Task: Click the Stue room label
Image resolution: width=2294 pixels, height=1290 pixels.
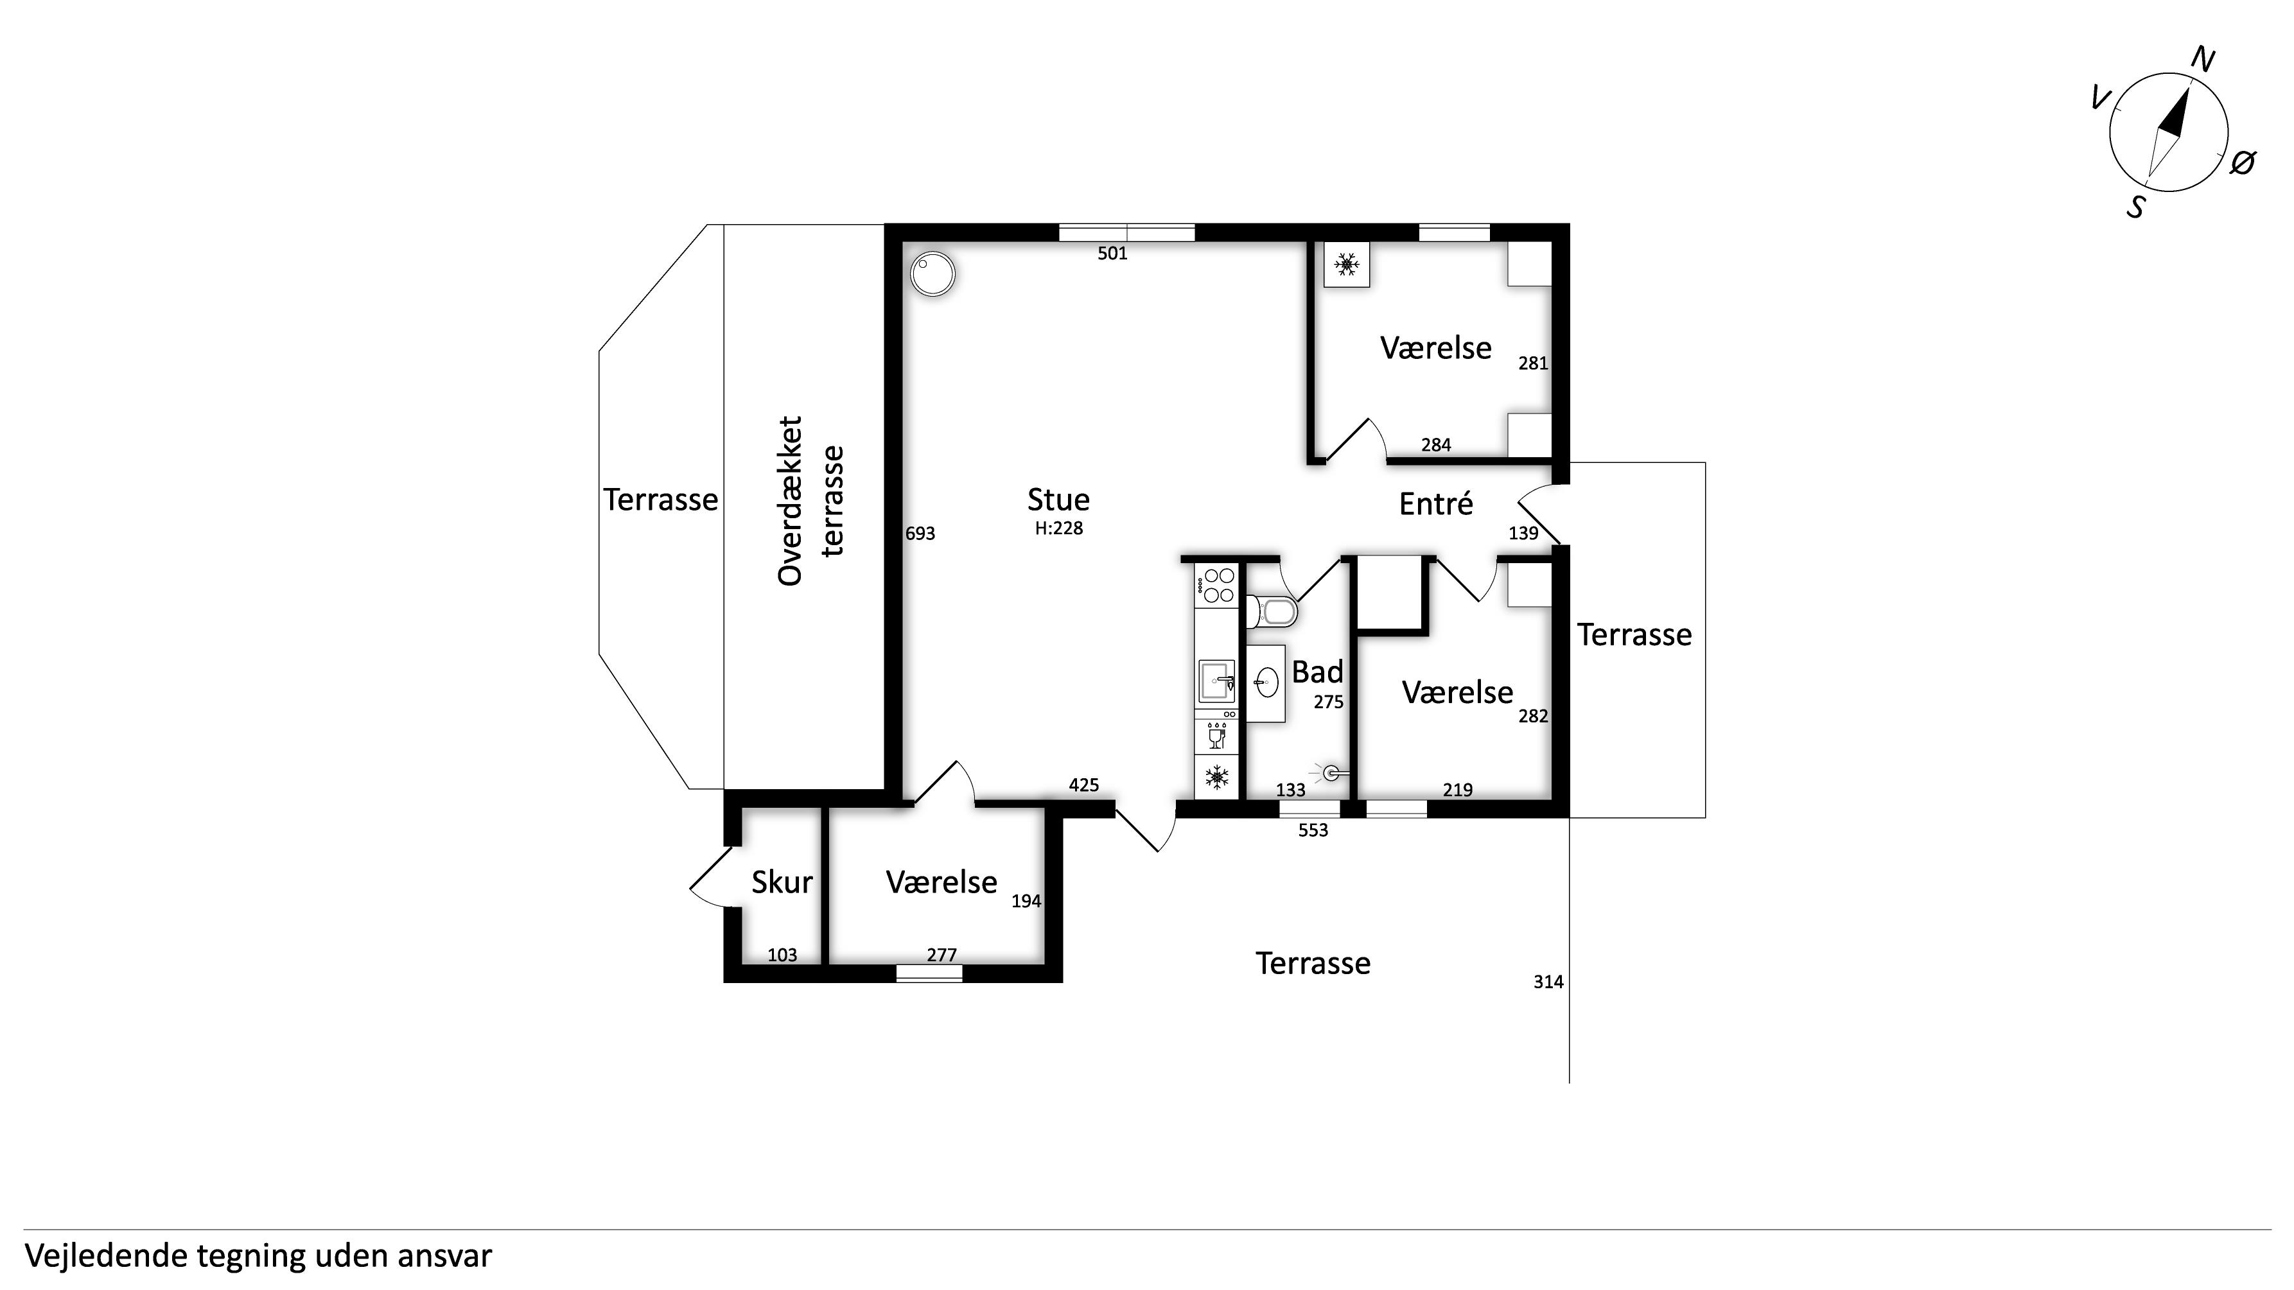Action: (x=1058, y=500)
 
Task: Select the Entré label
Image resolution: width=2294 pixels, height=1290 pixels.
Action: (x=1435, y=504)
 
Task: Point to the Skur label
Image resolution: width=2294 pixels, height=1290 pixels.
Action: (x=782, y=882)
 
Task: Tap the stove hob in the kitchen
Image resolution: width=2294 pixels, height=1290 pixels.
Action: (x=1216, y=586)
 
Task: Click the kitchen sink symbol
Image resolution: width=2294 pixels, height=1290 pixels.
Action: (x=1216, y=682)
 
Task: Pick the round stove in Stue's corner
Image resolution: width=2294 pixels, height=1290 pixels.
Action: (x=932, y=274)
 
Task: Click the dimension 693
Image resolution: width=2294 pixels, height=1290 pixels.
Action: (x=920, y=533)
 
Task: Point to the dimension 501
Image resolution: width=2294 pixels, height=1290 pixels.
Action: (x=1112, y=254)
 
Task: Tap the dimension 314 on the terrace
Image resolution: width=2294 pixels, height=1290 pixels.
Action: (x=1548, y=982)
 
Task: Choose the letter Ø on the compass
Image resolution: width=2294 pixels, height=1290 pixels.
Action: (x=2243, y=163)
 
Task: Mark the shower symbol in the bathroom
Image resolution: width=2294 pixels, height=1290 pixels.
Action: (x=1331, y=772)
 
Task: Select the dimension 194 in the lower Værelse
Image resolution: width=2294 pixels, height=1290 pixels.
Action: (x=1026, y=901)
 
